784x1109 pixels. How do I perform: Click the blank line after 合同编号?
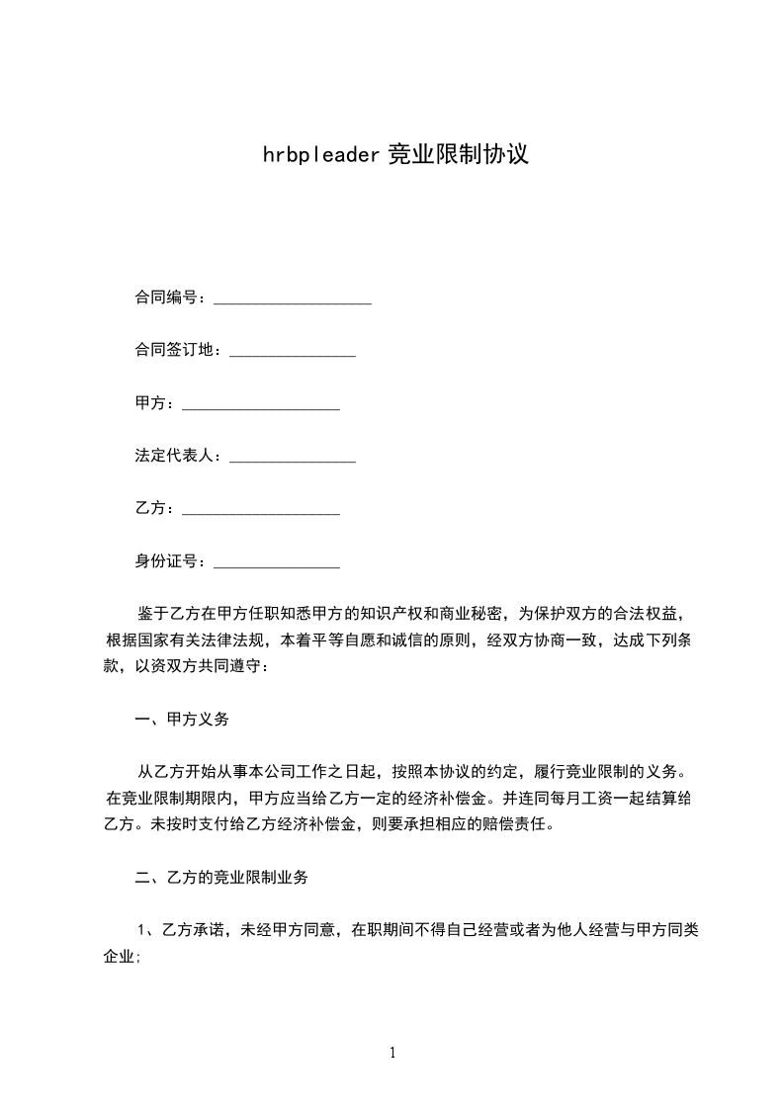[293, 300]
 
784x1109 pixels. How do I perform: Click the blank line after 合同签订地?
[293, 354]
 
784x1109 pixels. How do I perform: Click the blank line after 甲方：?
[261, 407]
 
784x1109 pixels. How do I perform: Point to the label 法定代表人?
[174, 456]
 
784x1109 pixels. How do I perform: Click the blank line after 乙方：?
[261, 513]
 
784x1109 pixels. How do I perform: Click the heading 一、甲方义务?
[182, 720]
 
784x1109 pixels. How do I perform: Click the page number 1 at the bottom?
[392, 1053]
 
